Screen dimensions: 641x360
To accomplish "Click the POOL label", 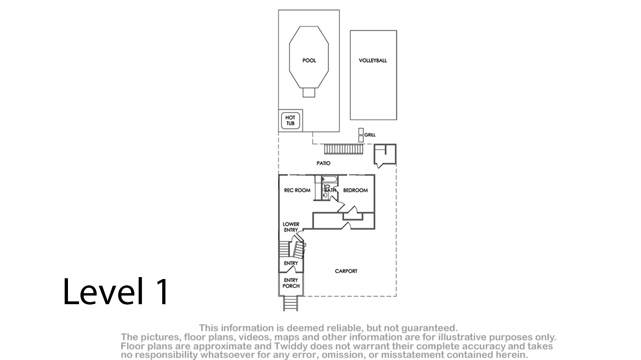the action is coord(309,61).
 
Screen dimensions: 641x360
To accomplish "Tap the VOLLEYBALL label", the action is coord(373,61).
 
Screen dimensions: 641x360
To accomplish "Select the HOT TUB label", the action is coord(290,120).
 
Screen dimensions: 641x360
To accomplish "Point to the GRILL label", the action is coord(370,135).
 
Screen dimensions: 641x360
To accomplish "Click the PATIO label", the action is coord(323,163).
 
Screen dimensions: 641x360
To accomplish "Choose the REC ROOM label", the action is coord(297,190).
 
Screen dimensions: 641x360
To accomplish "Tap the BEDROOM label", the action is coord(355,190).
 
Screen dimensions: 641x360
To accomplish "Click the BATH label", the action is coord(330,190).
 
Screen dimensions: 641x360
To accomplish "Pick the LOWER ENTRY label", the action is coord(291,227).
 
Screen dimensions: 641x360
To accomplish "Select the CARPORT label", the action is coord(346,271).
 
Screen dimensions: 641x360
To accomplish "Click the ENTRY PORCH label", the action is coord(291,283).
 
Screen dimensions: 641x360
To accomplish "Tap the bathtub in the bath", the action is coord(330,180).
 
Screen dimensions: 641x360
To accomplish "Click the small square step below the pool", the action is coord(309,92).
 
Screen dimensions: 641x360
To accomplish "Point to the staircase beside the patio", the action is coord(343,149).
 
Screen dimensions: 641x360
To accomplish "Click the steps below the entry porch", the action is coord(291,303).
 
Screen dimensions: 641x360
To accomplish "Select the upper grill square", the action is coord(361,131).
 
